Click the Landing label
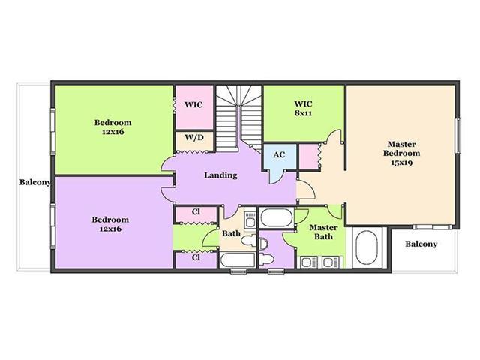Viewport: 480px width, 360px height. coord(220,175)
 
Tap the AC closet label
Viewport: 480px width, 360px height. coord(279,155)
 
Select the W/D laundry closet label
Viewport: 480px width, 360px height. coord(194,137)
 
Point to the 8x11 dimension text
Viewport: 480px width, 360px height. coord(303,113)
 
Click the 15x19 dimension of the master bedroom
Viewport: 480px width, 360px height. coord(401,163)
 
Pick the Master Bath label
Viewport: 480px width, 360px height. coord(323,232)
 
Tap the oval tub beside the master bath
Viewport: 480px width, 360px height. coord(367,247)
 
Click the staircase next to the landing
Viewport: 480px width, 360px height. coord(239,118)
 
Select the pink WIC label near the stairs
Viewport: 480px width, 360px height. coord(193,105)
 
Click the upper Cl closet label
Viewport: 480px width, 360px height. coord(196,211)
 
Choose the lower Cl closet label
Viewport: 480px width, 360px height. coord(196,257)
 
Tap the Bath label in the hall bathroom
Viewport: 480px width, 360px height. coord(231,233)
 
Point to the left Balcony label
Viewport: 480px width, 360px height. coord(35,182)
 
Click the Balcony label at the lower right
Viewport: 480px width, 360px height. coord(421,244)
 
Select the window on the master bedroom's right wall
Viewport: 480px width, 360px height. coord(458,136)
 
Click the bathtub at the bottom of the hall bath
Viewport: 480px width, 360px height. coord(238,260)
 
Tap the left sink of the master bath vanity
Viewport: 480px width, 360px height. coord(307,262)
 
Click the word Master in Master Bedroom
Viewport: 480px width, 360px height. coord(402,144)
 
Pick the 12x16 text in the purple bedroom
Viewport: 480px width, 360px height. coord(110,229)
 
